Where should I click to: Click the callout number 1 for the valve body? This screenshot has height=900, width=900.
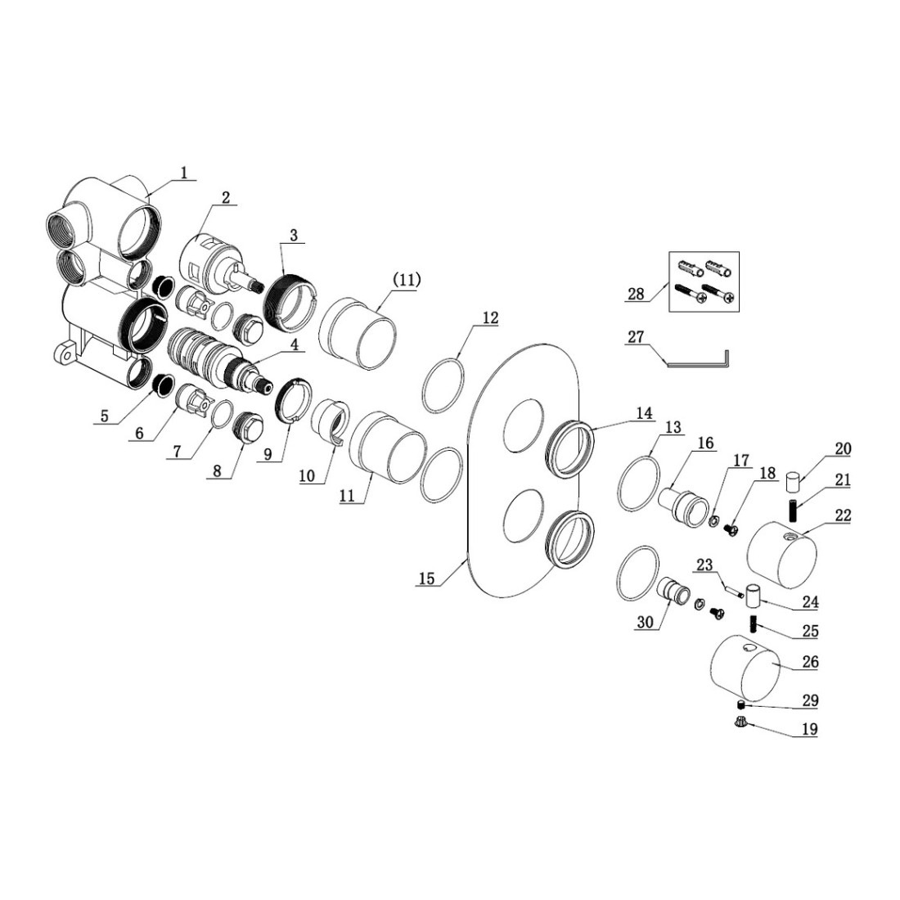click(x=183, y=172)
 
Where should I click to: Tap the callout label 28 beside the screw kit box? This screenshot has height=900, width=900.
click(x=636, y=295)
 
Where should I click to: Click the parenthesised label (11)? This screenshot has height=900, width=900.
click(x=407, y=280)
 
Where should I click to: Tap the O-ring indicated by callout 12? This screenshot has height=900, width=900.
click(x=443, y=385)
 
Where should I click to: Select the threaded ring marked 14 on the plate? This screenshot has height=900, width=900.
click(x=569, y=448)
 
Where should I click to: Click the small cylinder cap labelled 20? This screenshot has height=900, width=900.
click(x=793, y=481)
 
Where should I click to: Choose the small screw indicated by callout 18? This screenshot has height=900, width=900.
click(x=731, y=528)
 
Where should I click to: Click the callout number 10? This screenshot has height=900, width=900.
click(x=308, y=476)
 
